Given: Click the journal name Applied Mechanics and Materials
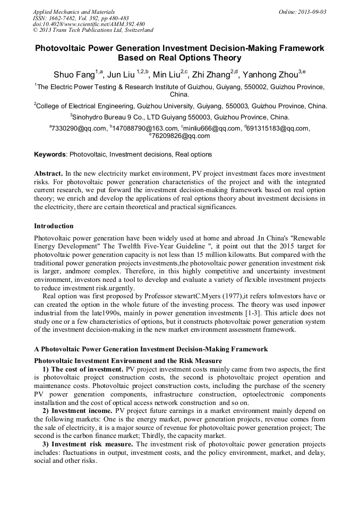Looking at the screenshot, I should (x=73, y=12).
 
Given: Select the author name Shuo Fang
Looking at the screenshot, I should (x=73, y=74).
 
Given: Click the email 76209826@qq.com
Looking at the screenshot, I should (x=181, y=136).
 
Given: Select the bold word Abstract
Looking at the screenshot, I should (x=48, y=174).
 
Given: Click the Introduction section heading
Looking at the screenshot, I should (x=54, y=226).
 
